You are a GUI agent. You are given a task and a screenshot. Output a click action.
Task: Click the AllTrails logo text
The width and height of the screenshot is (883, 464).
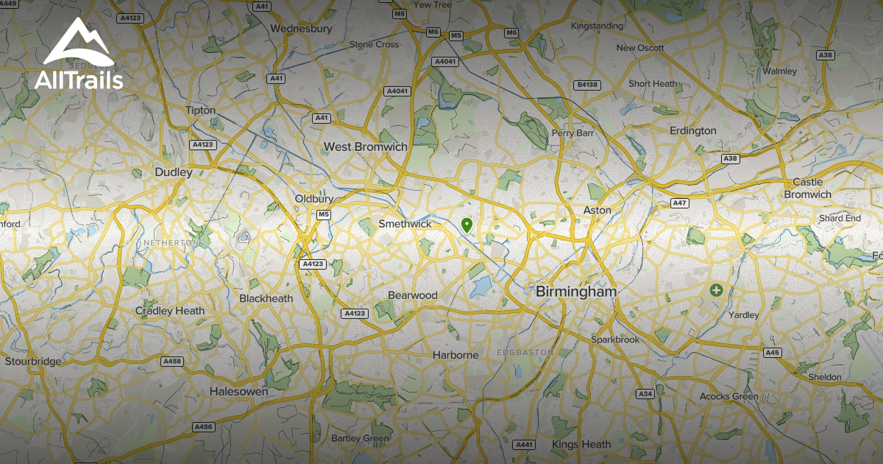[79, 80]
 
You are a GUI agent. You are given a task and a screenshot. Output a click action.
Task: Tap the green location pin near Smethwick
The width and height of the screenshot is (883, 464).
[466, 225]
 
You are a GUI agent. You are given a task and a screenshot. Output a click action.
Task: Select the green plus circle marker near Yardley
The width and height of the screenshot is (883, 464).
[716, 290]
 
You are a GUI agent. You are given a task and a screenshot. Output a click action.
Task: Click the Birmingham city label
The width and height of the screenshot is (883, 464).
[576, 292]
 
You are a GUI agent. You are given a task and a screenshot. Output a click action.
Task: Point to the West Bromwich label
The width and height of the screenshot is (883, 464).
[366, 147]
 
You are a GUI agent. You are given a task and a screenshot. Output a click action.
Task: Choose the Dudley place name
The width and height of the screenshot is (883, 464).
[174, 172]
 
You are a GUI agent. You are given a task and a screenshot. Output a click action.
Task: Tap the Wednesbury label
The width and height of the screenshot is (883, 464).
[302, 29]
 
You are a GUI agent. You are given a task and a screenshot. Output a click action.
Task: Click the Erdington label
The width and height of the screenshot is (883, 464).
[692, 130]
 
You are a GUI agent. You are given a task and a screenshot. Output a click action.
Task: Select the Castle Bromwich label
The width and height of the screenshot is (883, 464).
[807, 189]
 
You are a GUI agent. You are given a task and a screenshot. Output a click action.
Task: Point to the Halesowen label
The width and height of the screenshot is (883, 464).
[239, 391]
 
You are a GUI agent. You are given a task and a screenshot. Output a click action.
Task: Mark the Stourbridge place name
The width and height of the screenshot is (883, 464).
[33, 362]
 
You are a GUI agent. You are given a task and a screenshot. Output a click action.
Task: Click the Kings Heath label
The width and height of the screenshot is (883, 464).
[581, 444]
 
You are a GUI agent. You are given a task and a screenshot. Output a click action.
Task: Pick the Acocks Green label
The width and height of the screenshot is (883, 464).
[728, 396]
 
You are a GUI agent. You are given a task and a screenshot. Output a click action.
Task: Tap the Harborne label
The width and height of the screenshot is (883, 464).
[455, 355]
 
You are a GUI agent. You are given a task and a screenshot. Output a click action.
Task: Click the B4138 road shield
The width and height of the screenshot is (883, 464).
[587, 85]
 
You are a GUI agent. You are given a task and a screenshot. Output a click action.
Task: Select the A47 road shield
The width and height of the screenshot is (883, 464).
[679, 203]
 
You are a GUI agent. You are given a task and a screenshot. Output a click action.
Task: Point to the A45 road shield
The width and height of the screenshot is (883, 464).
[772, 353]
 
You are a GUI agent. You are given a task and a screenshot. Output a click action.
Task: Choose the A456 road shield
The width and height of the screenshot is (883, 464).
[203, 426]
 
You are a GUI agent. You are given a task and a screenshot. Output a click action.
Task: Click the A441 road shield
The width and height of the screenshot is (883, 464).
[524, 445]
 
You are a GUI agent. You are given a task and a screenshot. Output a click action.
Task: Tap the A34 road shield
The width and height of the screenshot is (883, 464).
[645, 394]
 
